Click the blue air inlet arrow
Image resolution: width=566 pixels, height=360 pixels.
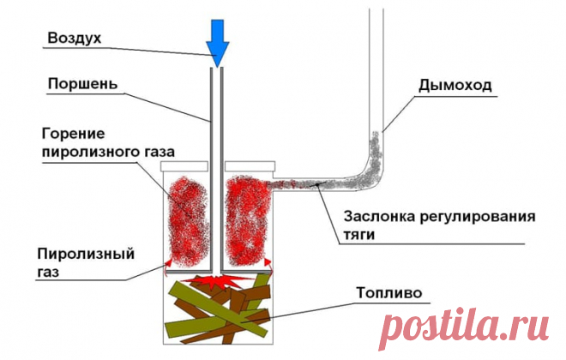point(217,44)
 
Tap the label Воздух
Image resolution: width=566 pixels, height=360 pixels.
point(75,38)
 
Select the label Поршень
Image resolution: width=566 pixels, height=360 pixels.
point(82,84)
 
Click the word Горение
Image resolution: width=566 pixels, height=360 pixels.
point(73,134)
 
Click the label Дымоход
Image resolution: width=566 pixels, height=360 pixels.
point(455,86)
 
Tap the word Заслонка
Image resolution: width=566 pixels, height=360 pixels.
point(379,217)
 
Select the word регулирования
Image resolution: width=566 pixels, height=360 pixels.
point(477,218)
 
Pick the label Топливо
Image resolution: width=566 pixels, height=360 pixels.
point(389,292)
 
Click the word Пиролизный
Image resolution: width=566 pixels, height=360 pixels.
point(86,255)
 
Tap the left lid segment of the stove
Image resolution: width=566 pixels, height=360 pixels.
point(184,166)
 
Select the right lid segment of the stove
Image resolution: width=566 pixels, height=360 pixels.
point(250,166)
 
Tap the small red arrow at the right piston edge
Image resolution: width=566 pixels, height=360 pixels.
point(268,263)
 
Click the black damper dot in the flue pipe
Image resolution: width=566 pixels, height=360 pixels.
point(317,184)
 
